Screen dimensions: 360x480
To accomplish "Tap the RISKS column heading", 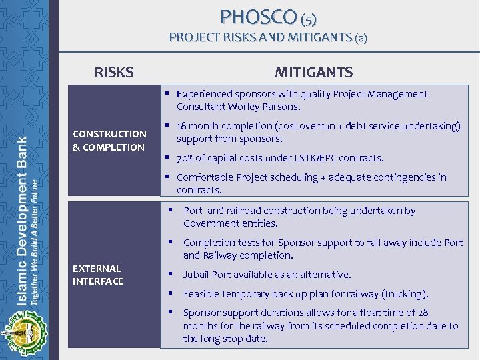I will [x=114, y=72].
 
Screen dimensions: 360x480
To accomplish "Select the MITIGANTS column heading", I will [x=313, y=72].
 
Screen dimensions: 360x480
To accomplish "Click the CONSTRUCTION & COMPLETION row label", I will [x=109, y=140].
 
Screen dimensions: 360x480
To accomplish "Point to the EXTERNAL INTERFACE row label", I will [x=98, y=275].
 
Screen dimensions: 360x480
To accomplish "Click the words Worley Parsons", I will [x=268, y=107].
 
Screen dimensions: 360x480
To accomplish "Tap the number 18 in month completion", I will [x=183, y=126].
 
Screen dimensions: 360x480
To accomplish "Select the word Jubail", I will [x=197, y=275].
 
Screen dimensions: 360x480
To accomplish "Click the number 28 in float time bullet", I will [x=421, y=313].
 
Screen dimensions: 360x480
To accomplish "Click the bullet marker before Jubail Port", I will [x=172, y=274].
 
